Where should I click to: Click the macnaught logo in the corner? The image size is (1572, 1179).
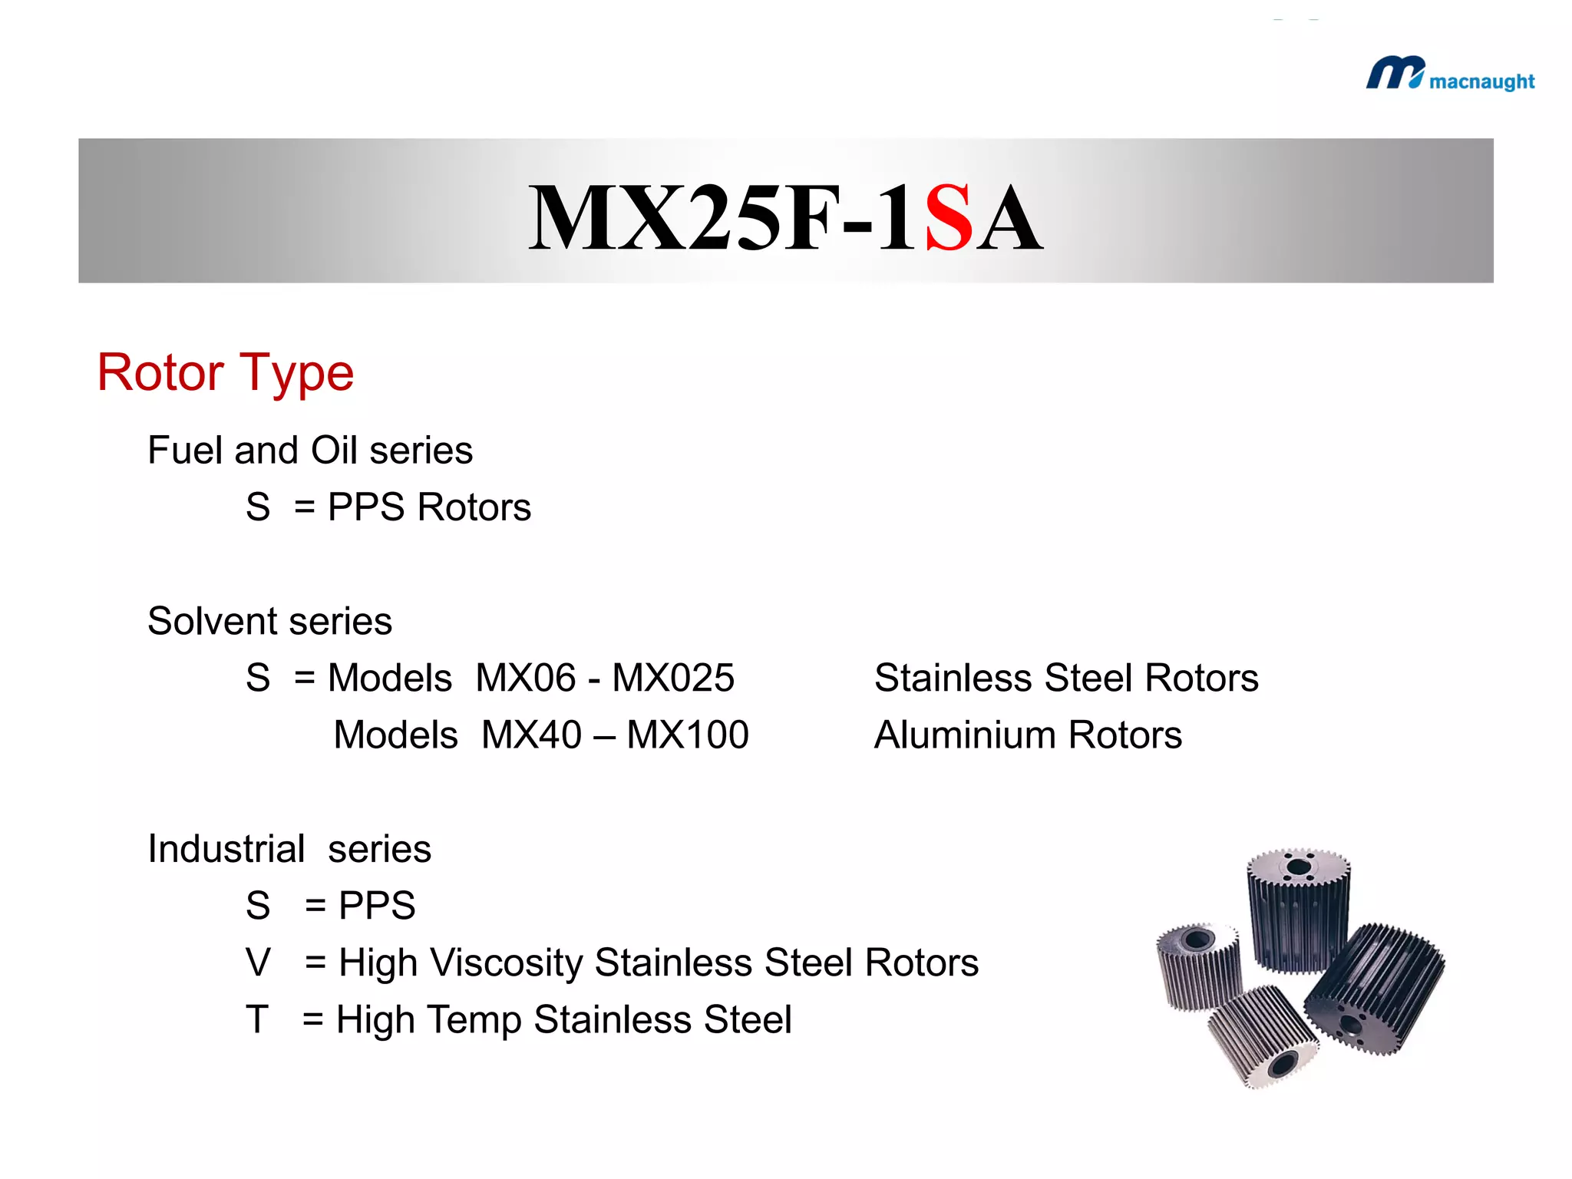coord(1449,75)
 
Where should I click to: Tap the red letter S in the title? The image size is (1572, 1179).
coord(949,219)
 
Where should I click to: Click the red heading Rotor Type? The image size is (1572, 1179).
coord(225,374)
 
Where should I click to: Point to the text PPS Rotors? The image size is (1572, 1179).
coord(429,507)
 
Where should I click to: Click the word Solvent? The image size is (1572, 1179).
coord(207,621)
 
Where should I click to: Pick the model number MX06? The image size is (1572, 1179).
coord(525,678)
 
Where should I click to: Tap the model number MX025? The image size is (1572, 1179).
coord(673,678)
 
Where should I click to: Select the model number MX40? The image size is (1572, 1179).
coord(531,735)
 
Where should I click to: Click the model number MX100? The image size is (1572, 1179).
coord(688,735)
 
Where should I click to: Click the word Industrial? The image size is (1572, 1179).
coord(226,849)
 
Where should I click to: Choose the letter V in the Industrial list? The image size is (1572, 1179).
coord(258,963)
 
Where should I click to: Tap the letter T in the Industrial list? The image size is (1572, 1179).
coord(257,1019)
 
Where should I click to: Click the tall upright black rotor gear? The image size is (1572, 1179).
coord(1297,913)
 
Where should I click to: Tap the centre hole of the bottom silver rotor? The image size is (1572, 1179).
coord(1283,1064)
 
